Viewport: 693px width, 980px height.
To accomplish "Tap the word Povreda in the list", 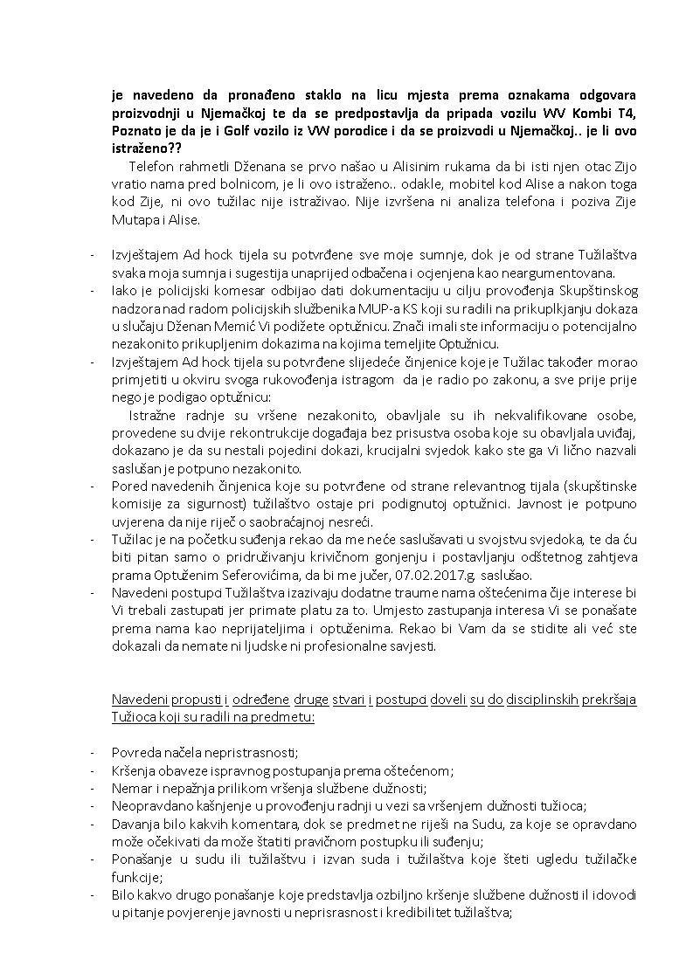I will [x=137, y=752].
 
